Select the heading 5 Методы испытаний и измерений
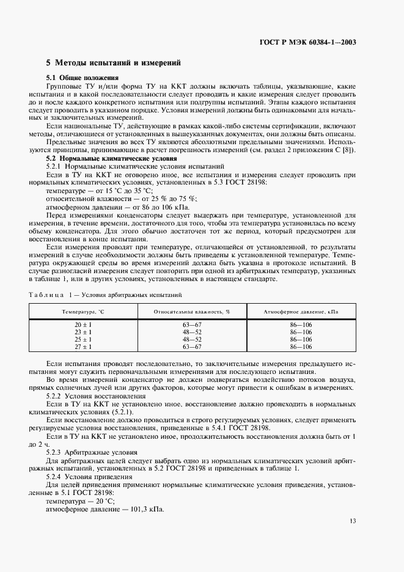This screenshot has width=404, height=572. tap(113, 63)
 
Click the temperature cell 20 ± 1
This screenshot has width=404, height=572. tap(83, 324)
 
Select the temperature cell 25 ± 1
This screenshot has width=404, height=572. tap(83, 339)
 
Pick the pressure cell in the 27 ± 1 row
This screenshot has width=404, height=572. tap(300, 346)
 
